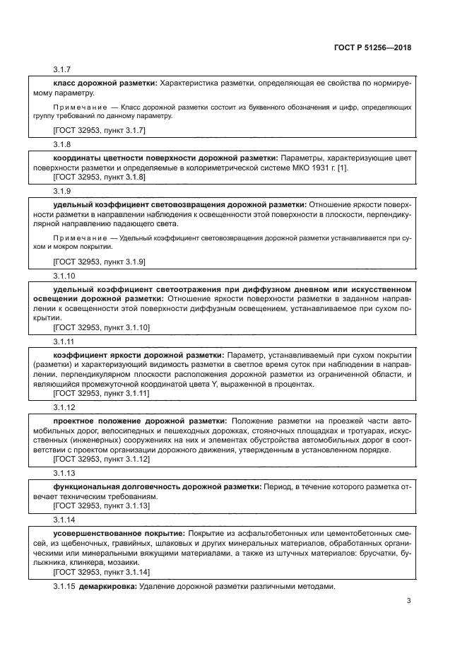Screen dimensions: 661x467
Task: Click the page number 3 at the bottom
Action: [x=408, y=602]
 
